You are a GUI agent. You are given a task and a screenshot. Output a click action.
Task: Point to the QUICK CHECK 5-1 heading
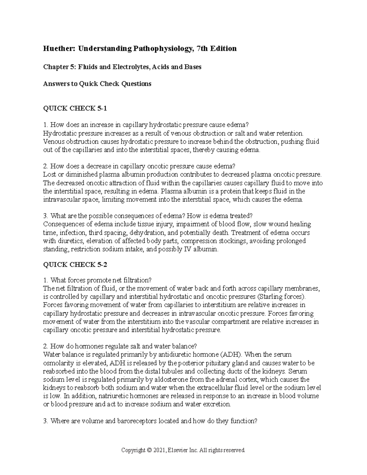click(75, 108)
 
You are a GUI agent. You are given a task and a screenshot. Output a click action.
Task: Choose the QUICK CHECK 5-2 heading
click(75, 265)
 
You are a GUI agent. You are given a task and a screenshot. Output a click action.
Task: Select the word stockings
click(231, 241)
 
